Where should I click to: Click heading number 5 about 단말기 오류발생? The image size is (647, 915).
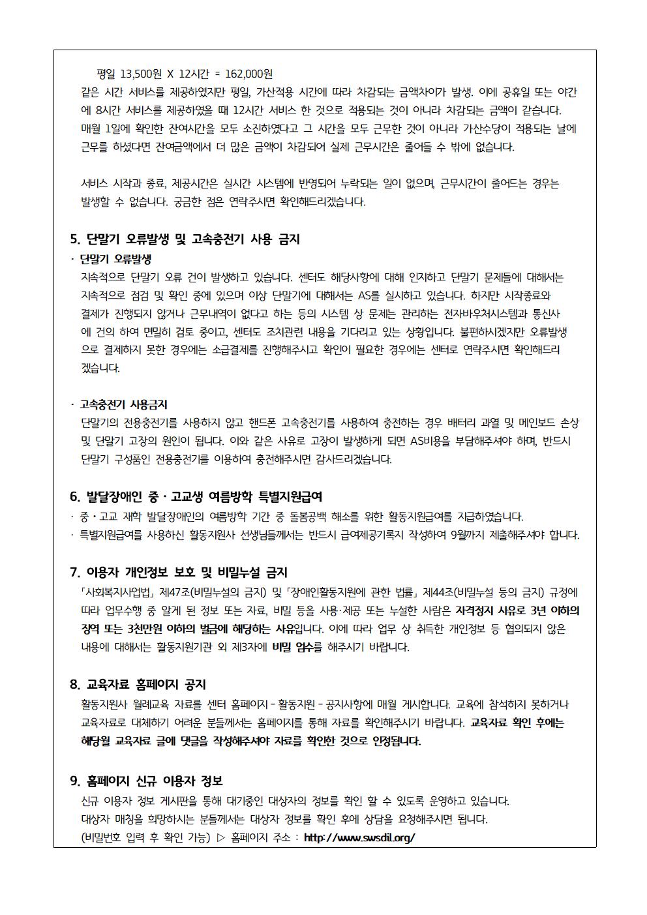tap(185, 239)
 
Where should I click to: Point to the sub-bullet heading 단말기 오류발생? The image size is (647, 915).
tap(115, 258)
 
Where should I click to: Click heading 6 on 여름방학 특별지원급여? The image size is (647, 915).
tap(196, 498)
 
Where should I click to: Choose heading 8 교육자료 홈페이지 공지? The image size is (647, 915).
tap(138, 684)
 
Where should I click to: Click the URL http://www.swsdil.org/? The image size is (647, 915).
tap(359, 838)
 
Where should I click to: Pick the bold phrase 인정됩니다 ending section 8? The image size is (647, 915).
tap(397, 742)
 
